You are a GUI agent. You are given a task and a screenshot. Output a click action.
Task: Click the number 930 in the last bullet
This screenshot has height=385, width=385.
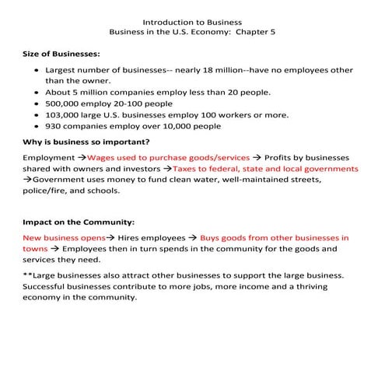click(x=54, y=126)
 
